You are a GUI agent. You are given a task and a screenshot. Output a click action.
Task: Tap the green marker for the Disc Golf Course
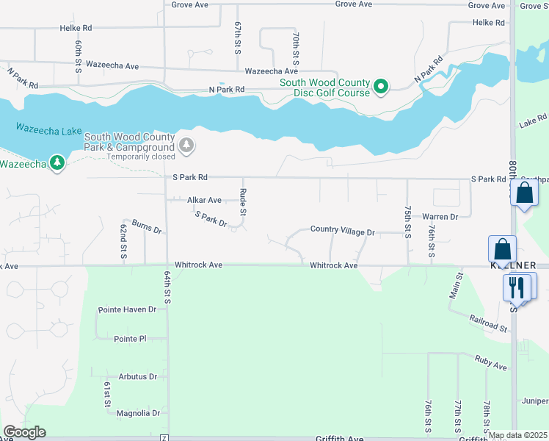click(381, 87)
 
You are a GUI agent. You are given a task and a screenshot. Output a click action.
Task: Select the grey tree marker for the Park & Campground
click(187, 145)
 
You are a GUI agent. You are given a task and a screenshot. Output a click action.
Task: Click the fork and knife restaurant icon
click(517, 287)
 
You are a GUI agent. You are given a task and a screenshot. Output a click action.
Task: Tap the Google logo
click(24, 432)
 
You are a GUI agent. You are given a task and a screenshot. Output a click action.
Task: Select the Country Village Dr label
click(342, 231)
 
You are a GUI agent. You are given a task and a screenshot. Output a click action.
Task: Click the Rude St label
click(242, 202)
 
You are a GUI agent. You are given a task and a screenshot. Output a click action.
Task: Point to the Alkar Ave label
click(204, 200)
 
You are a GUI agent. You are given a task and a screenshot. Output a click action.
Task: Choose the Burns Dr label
click(147, 226)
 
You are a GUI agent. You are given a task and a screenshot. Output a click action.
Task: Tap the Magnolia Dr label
click(138, 413)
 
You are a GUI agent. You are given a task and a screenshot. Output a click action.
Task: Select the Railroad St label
click(489, 324)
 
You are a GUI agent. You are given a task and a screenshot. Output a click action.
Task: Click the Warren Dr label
click(440, 217)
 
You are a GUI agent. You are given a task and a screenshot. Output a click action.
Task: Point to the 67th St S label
click(238, 36)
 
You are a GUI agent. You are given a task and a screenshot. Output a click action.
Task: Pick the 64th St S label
click(167, 287)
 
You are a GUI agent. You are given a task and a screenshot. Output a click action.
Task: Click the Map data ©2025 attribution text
click(517, 435)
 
